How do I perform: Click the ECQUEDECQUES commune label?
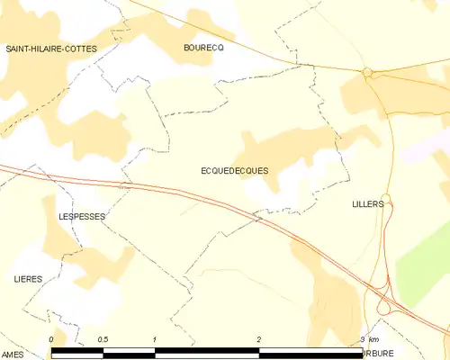[x=234, y=169]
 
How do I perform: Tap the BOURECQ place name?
[x=202, y=48]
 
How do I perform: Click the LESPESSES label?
[x=82, y=217]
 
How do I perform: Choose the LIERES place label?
[x=29, y=280]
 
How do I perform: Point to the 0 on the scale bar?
[x=52, y=338]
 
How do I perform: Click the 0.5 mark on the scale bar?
[x=103, y=338]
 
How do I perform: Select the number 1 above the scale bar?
[x=156, y=338]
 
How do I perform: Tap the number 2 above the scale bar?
[x=259, y=338]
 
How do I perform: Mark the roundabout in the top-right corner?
[x=367, y=73]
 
